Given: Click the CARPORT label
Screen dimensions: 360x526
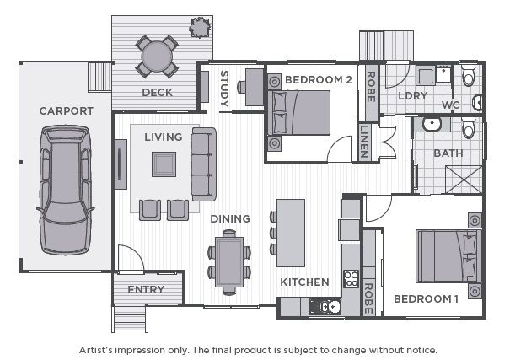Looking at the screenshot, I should (67, 110).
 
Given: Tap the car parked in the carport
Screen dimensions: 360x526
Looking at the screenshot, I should (67, 190).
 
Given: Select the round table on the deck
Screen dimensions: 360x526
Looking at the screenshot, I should (158, 57).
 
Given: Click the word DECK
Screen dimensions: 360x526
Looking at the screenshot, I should (158, 93).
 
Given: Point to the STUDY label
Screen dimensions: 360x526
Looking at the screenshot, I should (224, 89).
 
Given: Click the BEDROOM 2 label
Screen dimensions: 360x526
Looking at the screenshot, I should (318, 80).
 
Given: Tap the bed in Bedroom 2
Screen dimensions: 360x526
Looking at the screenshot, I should (299, 113).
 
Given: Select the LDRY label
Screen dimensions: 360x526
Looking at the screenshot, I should (413, 95).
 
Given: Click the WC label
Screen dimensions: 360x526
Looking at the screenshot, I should (450, 105).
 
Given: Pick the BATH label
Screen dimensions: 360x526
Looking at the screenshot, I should (447, 153).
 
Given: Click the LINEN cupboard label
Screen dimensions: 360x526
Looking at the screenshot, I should (364, 141).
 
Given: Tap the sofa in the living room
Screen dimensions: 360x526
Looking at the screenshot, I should (203, 163).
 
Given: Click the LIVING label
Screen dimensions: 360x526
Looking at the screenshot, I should (163, 137).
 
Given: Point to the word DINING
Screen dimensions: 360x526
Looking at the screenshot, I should (230, 218).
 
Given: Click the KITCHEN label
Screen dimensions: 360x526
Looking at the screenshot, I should (303, 281).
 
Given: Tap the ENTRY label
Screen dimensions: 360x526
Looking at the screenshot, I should (146, 290).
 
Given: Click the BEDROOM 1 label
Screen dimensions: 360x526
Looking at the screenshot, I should (426, 298).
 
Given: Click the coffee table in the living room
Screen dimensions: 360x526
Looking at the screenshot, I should (164, 163).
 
